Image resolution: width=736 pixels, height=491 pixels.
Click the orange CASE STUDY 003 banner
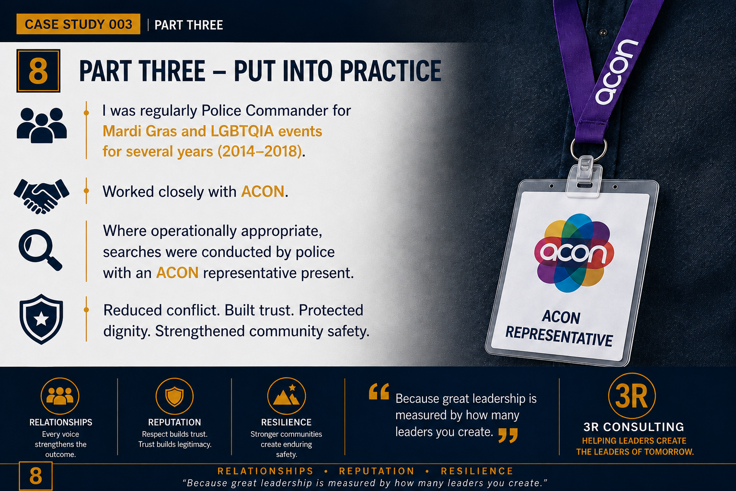pyautogui.click(x=78, y=24)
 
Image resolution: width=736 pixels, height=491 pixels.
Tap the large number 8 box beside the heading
pyautogui.click(x=38, y=70)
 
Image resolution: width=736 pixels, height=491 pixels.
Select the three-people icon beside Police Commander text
pyautogui.click(x=42, y=125)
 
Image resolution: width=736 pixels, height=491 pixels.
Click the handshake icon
pyautogui.click(x=41, y=196)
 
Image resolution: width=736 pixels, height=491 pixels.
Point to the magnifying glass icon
pyautogui.click(x=40, y=250)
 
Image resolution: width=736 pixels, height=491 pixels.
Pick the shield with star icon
pyautogui.click(x=41, y=319)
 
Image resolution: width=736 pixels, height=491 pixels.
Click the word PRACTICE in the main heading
pyautogui.click(x=391, y=70)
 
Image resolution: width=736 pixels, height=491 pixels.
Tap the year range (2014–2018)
pyautogui.click(x=260, y=152)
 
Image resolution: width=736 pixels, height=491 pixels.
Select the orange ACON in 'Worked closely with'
pyautogui.click(x=263, y=191)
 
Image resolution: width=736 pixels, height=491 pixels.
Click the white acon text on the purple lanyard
pyautogui.click(x=616, y=72)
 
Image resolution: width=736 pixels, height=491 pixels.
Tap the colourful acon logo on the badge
pyautogui.click(x=574, y=253)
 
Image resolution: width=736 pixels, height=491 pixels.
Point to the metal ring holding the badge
pyautogui.click(x=588, y=150)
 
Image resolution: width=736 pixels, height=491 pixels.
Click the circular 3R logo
pyautogui.click(x=632, y=396)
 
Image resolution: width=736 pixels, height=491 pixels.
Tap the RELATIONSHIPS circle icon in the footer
pyautogui.click(x=60, y=396)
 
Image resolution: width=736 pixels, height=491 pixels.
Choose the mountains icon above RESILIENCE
pyautogui.click(x=287, y=396)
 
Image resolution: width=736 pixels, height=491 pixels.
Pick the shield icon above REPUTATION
pyautogui.click(x=174, y=396)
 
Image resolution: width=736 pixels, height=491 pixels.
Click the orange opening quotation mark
pyautogui.click(x=379, y=391)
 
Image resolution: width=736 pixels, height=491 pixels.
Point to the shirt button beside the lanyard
pyautogui.click(x=603, y=32)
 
